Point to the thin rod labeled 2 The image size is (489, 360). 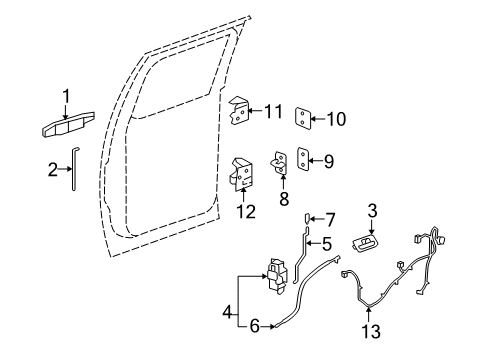click(73, 172)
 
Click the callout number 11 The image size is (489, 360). click(273, 111)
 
